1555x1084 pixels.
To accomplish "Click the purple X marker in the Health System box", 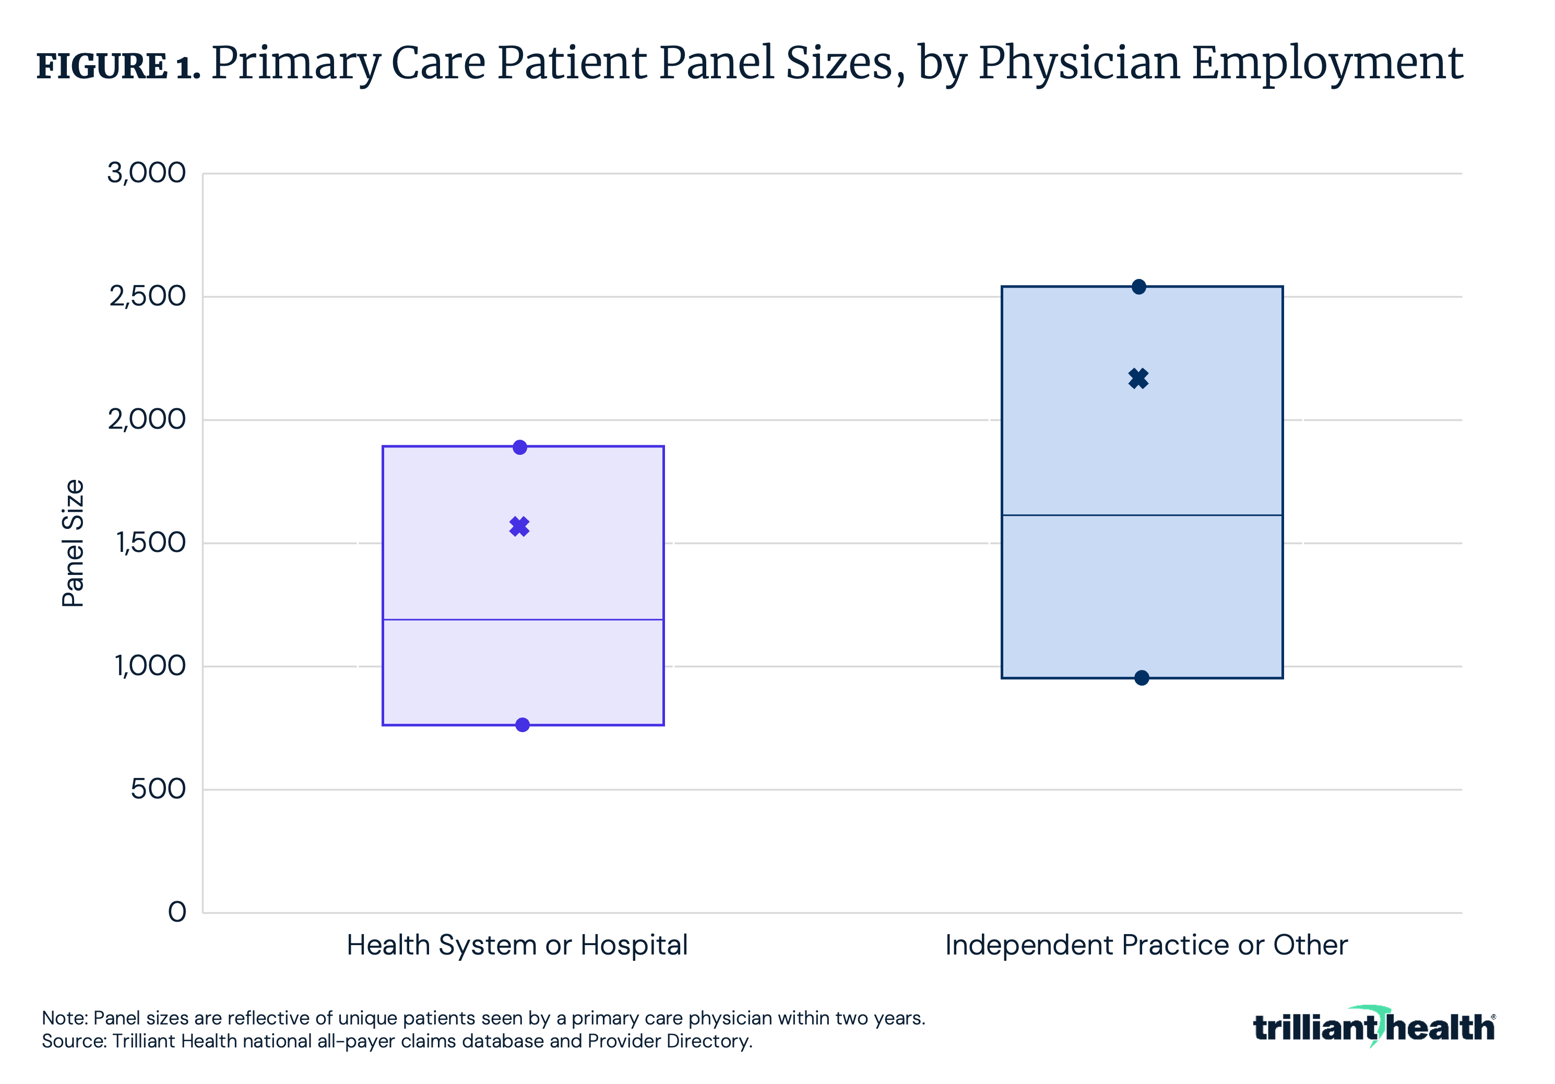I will pos(519,526).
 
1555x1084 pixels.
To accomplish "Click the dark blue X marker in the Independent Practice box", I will pos(1138,378).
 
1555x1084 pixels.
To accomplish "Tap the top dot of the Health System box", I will pos(519,447).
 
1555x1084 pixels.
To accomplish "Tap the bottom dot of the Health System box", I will pos(522,725).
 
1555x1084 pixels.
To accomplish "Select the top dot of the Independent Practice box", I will pos(1138,287).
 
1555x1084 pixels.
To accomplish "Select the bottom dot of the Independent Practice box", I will pos(1141,678).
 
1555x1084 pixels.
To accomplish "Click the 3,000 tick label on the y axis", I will pos(146,173).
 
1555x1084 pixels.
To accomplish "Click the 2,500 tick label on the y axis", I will pos(147,296).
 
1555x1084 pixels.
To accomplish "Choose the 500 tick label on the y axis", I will pos(158,790).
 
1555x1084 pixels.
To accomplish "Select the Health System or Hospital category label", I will pos(517,945).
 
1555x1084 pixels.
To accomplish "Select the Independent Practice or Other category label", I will pos(1146,945).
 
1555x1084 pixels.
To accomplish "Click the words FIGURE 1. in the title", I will pos(118,66).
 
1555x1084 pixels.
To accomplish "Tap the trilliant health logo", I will pos(1373,1027).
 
